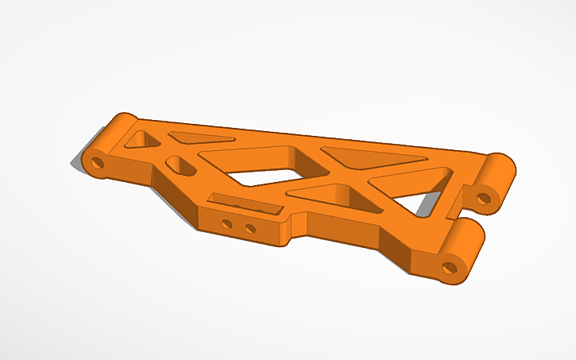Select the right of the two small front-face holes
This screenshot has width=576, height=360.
coord(249,229)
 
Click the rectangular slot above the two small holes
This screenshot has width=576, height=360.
coord(245,204)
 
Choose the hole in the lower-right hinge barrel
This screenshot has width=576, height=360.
coord(450,266)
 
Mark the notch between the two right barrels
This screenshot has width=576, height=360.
coord(459,213)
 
